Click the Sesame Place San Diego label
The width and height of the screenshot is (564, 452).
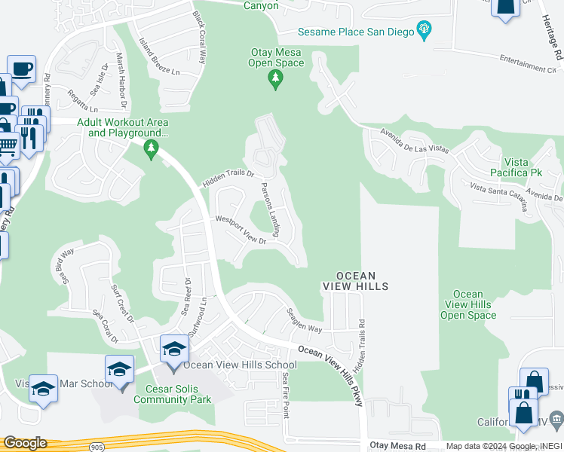click(x=356, y=32)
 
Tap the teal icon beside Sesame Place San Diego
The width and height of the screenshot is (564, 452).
click(x=424, y=31)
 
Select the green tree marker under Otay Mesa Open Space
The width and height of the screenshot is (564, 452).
click(x=276, y=79)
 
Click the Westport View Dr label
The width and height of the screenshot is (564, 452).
click(x=241, y=229)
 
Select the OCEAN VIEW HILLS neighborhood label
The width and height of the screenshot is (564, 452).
click(x=356, y=281)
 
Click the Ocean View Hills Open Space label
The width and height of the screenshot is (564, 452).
click(x=468, y=304)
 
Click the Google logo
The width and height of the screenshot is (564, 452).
click(x=25, y=443)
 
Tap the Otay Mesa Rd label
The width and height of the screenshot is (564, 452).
click(x=398, y=446)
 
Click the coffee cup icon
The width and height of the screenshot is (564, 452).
click(x=21, y=68)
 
